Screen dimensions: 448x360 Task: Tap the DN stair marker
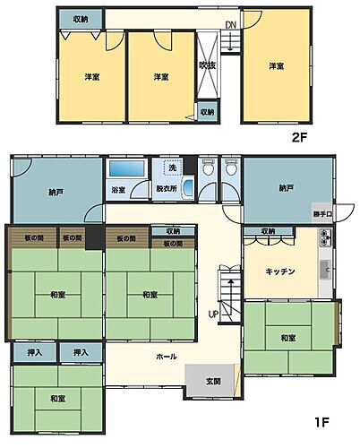click(x=230, y=24)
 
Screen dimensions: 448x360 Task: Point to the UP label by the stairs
click(x=212, y=314)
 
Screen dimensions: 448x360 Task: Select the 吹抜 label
click(x=207, y=65)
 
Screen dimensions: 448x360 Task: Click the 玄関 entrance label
click(x=212, y=382)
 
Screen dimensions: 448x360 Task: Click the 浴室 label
click(x=119, y=190)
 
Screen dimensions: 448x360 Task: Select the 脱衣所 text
click(x=167, y=190)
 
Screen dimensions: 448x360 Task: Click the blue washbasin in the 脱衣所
click(x=187, y=187)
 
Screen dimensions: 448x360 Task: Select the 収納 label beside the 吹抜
click(x=207, y=112)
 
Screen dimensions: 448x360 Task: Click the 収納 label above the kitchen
click(x=269, y=231)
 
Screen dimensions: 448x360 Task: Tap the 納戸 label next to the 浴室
click(x=56, y=191)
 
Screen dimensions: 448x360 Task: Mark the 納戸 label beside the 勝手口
click(x=286, y=188)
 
